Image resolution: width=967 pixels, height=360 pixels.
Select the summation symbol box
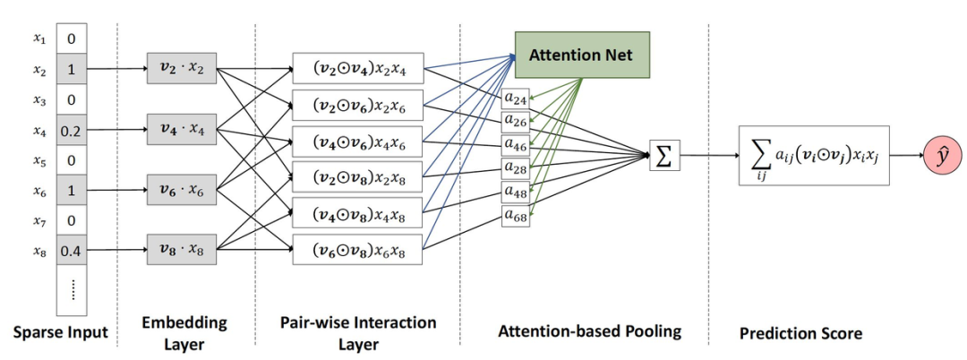[663, 157]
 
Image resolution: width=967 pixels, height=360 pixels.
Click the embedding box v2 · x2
[182, 68]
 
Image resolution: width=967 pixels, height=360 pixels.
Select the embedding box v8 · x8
[182, 248]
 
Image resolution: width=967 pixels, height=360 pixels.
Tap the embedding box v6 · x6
[182, 189]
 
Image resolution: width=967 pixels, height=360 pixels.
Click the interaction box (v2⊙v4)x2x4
[357, 68]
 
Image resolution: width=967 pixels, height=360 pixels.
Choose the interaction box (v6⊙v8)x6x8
[357, 249]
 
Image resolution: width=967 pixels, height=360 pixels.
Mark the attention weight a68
[515, 215]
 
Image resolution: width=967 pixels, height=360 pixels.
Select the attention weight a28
[515, 167]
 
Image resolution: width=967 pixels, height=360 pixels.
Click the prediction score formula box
[813, 156]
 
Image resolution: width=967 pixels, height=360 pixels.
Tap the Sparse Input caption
[61, 333]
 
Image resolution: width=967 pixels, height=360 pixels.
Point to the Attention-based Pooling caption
[588, 330]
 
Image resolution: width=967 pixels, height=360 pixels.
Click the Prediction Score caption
[800, 333]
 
